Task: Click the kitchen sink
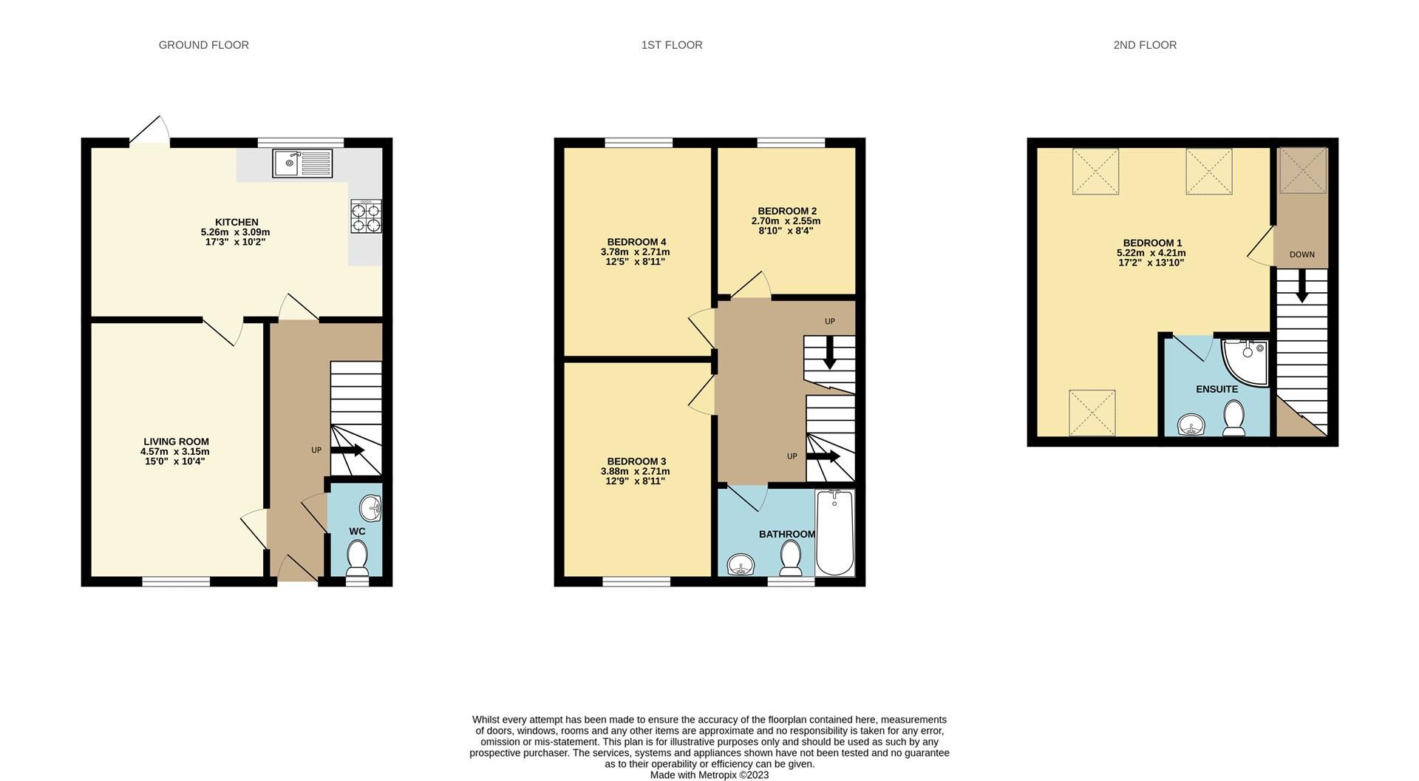click(303, 163)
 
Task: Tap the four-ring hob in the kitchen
click(366, 217)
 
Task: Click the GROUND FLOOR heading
click(203, 45)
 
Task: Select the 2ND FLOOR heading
click(1144, 45)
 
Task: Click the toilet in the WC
click(358, 558)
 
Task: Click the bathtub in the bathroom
click(835, 532)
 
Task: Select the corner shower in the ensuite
click(1246, 362)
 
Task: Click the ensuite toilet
click(1233, 418)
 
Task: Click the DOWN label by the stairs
click(1301, 254)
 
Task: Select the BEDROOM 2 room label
click(786, 211)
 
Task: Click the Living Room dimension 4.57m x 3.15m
click(175, 451)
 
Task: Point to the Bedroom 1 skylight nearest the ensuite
click(1092, 413)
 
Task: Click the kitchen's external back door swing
click(151, 132)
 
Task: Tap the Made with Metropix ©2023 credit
click(709, 775)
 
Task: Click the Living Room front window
click(176, 582)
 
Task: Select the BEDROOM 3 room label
click(636, 461)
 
